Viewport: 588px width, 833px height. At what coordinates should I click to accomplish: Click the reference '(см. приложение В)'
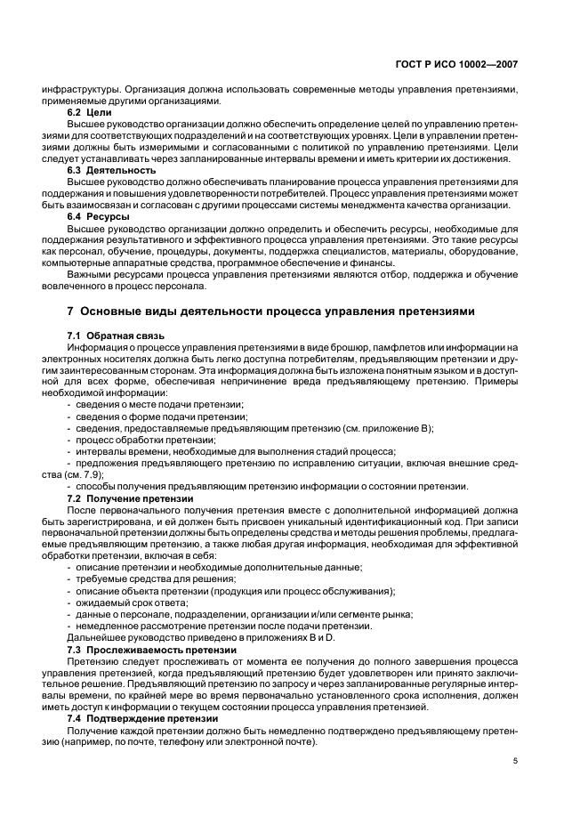pyautogui.click(x=387, y=428)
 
